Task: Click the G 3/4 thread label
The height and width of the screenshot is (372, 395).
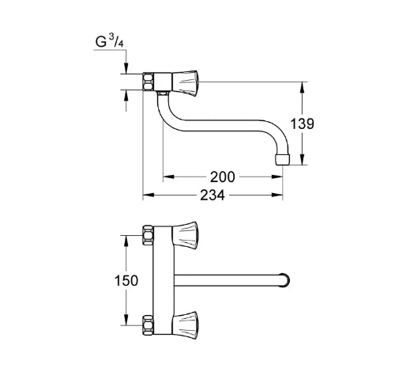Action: [109, 41]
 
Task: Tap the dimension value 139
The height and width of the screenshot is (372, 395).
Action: [302, 123]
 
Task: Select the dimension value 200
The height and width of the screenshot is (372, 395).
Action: [222, 177]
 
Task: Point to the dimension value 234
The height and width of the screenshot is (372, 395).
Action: [213, 195]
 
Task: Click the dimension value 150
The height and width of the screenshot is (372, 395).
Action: [126, 280]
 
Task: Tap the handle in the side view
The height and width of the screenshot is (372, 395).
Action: [185, 82]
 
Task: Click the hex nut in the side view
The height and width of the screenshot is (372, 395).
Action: [149, 82]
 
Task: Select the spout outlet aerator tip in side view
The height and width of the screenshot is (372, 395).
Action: [282, 160]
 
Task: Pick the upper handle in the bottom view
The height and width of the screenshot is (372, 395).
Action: [185, 234]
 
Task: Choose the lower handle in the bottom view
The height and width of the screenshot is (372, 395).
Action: [185, 325]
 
